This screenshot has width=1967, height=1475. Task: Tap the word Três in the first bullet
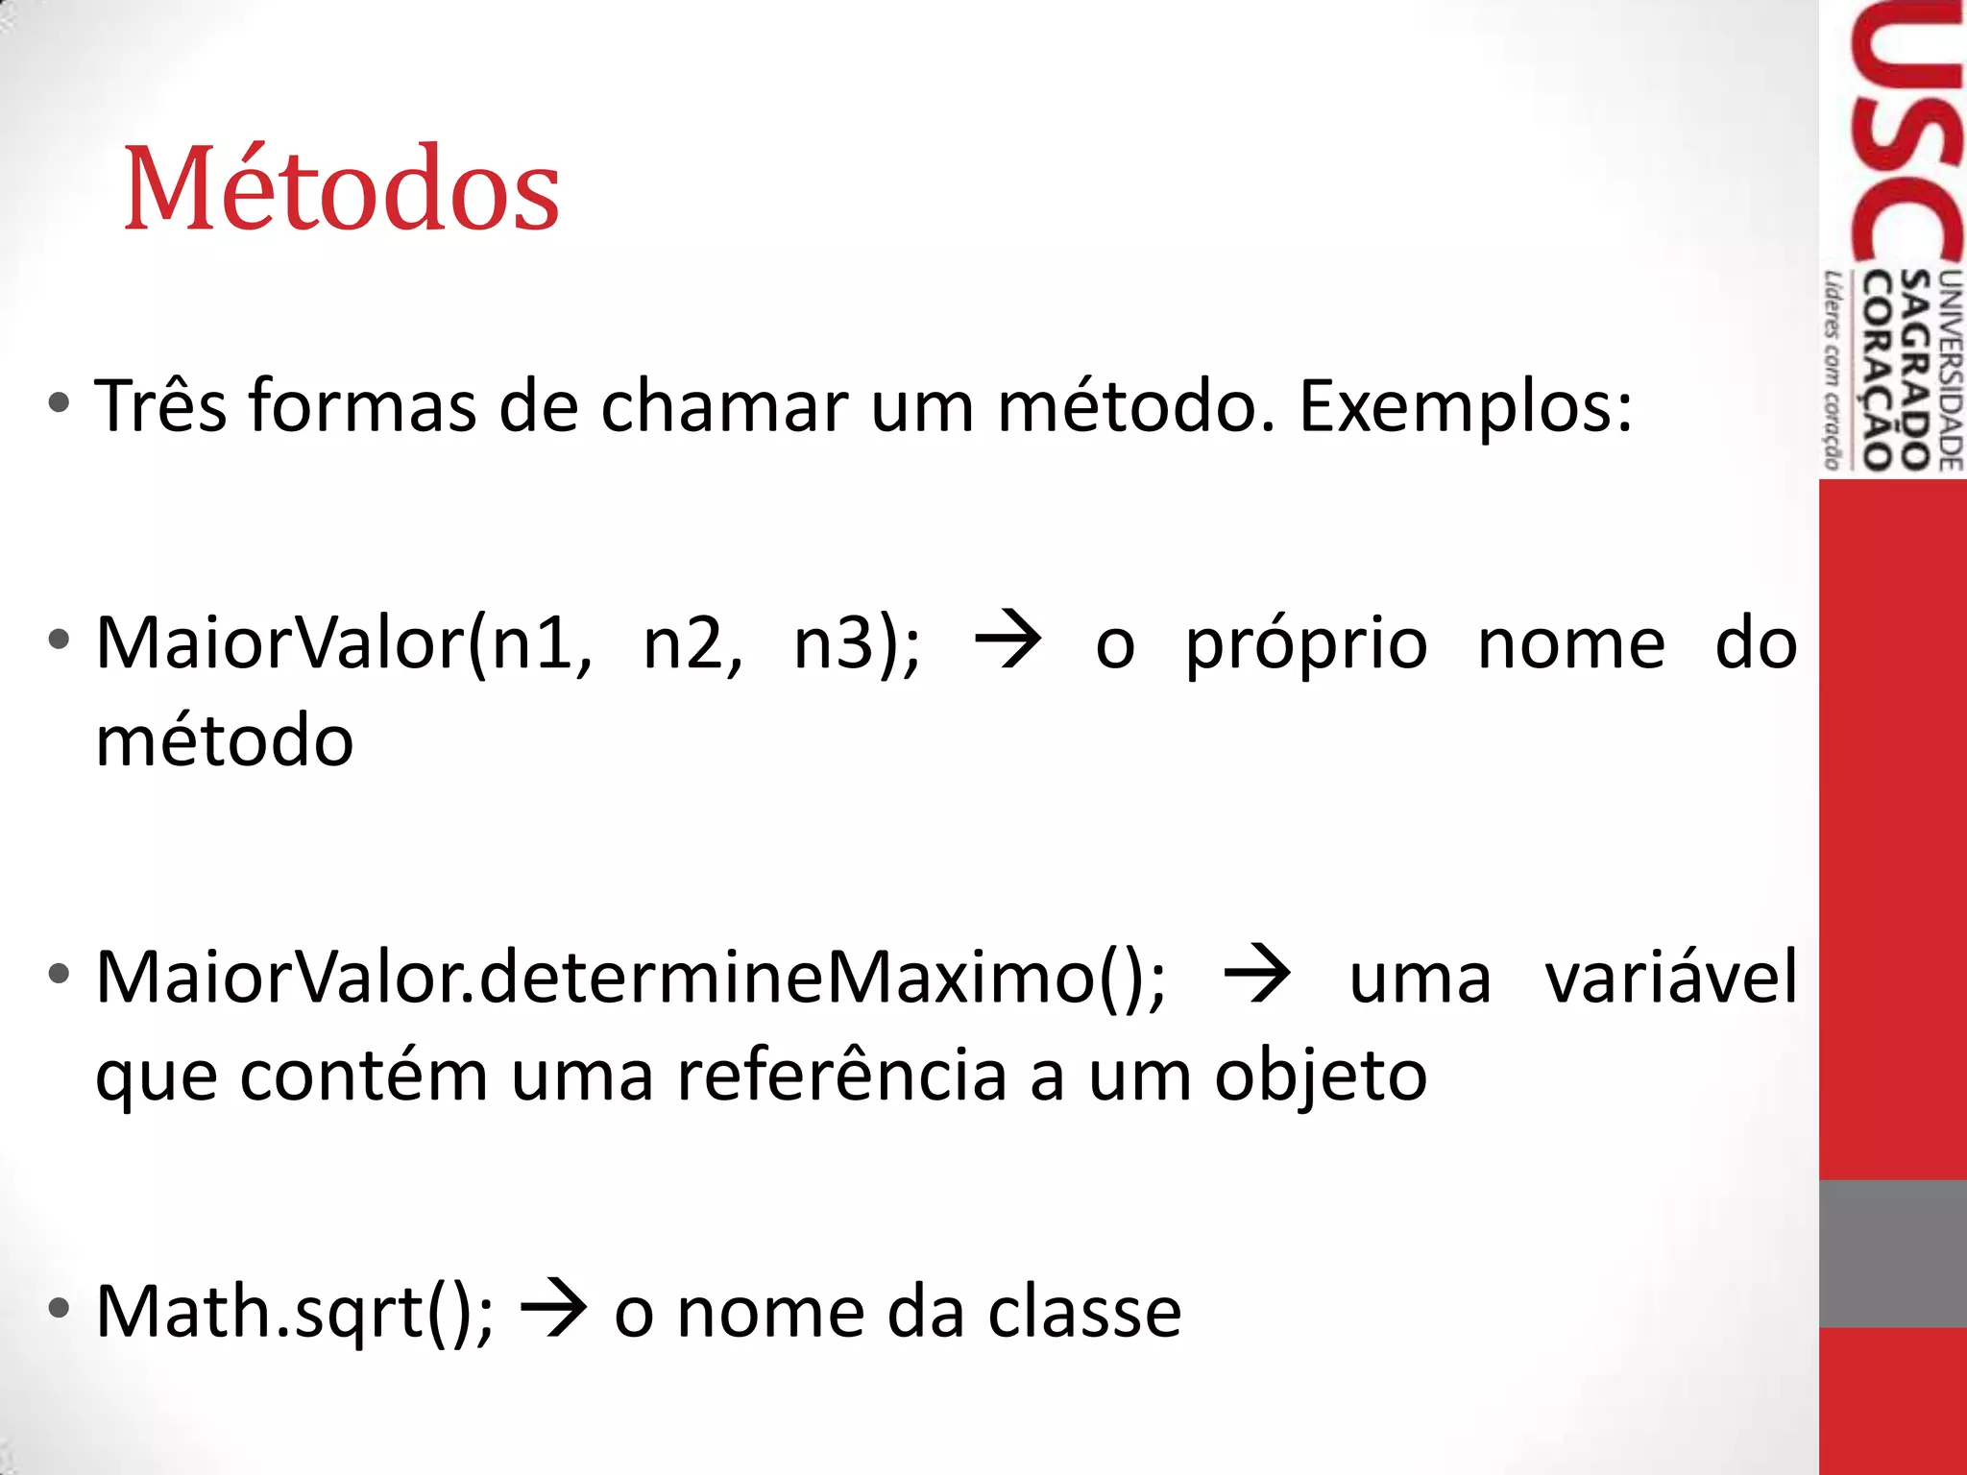click(160, 406)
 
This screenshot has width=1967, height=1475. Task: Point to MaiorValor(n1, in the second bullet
click(344, 643)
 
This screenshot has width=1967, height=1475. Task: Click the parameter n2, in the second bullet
click(692, 643)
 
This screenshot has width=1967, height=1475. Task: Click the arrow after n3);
click(1008, 640)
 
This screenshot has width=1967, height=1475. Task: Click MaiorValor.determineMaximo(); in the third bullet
click(631, 978)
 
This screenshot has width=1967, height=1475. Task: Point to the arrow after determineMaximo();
click(1257, 974)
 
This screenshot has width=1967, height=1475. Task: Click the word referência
click(842, 1076)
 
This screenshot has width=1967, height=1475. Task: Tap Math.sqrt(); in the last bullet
click(295, 1312)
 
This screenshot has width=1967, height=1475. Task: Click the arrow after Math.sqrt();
click(553, 1308)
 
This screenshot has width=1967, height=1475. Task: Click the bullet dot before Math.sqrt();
click(60, 1308)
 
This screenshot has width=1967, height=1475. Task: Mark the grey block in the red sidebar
click(1892, 1253)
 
